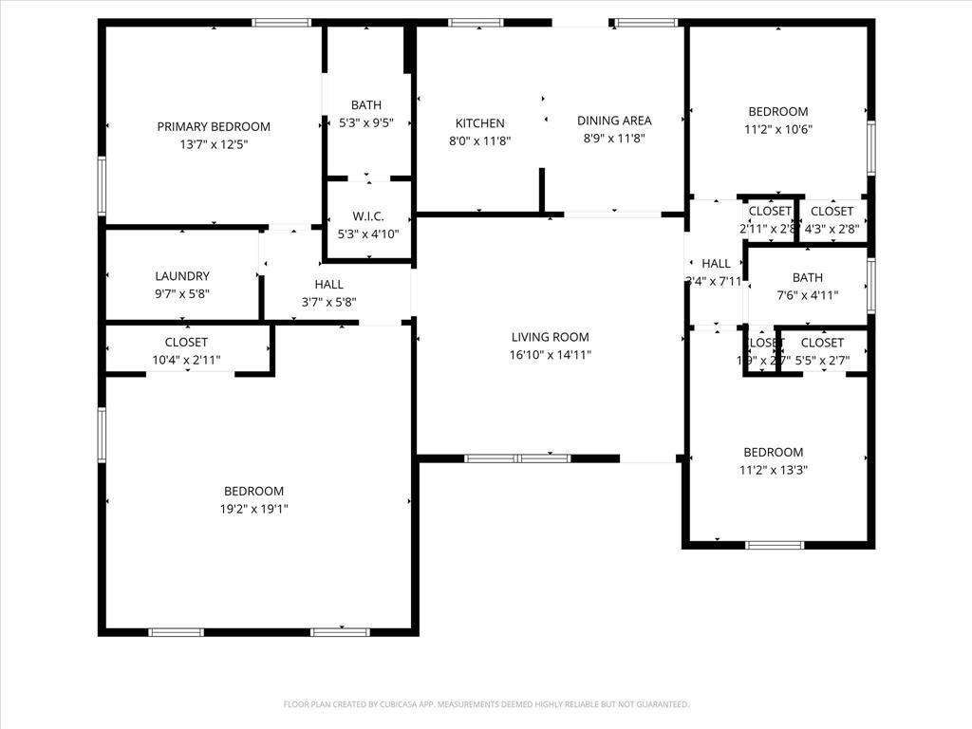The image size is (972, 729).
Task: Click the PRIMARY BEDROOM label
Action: (x=214, y=126)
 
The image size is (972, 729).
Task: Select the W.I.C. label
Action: (x=367, y=215)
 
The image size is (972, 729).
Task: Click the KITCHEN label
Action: (x=479, y=123)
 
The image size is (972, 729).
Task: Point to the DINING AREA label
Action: (x=614, y=121)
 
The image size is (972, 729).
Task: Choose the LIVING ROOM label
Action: (x=550, y=337)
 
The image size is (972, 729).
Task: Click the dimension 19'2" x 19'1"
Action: (x=253, y=509)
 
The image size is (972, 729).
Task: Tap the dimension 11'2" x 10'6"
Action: (x=777, y=130)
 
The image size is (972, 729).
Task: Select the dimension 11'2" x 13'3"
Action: (x=773, y=470)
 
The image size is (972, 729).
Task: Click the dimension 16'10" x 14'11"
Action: (x=550, y=355)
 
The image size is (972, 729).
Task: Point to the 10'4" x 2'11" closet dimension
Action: (x=186, y=360)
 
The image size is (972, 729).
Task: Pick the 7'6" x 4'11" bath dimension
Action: (x=808, y=295)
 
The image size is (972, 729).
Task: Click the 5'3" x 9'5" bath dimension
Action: (x=365, y=122)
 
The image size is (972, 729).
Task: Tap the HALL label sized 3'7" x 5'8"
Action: (x=329, y=284)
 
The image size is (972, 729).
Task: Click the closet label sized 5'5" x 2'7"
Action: (x=822, y=343)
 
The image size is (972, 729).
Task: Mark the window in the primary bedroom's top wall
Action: (x=282, y=22)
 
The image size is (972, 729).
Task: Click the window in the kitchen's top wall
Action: (x=476, y=22)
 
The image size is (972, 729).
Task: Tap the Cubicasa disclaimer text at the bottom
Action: (x=486, y=704)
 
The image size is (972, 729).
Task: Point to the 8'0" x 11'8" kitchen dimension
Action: (x=479, y=140)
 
